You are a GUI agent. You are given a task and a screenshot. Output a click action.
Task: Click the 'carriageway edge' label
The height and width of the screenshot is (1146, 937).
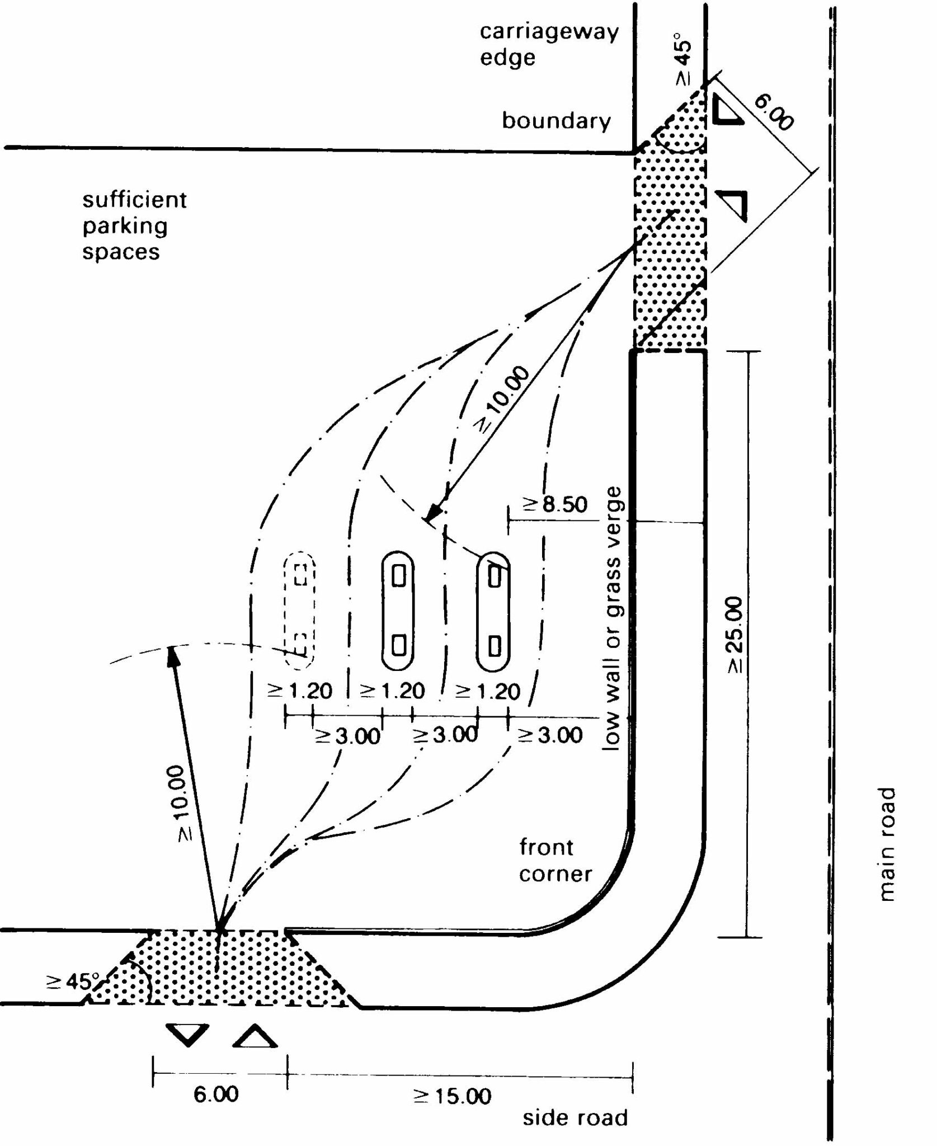coord(549,44)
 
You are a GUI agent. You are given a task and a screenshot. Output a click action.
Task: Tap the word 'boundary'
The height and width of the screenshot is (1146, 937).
coord(556,121)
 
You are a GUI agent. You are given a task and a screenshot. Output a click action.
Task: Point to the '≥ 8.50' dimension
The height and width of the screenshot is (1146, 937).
coord(555,504)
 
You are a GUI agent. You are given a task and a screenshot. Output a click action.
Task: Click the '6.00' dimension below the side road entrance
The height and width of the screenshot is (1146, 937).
coord(216,1093)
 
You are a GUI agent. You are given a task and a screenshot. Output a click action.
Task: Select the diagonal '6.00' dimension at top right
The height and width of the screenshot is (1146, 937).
coord(774,112)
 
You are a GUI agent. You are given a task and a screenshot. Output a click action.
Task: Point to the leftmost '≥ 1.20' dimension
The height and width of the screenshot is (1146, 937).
coord(300,691)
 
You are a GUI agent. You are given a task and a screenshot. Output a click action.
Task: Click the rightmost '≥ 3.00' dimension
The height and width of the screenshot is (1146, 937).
coord(550,735)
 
